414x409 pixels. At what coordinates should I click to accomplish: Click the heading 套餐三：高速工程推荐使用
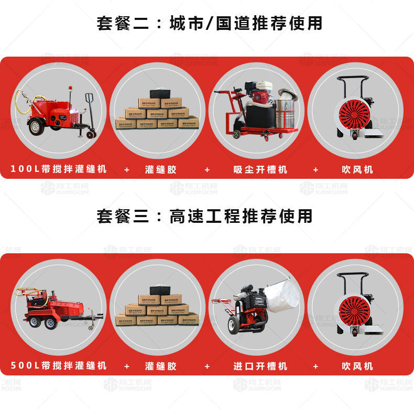tap(205, 216)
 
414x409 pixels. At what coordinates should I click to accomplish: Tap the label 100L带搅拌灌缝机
tap(59, 169)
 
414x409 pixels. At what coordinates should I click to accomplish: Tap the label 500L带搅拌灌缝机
tap(59, 365)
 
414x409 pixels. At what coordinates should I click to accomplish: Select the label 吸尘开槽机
tap(260, 169)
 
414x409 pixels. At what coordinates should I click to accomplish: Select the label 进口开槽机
tap(260, 365)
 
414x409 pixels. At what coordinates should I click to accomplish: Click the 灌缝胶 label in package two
tap(161, 169)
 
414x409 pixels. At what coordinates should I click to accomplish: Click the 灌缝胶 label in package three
tap(161, 365)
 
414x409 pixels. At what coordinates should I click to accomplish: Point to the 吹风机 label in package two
tap(357, 169)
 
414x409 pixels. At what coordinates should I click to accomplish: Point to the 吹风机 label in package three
tap(357, 365)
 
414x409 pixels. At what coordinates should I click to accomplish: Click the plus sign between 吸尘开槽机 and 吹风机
tap(315, 169)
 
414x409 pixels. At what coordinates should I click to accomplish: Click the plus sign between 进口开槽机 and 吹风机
tap(315, 365)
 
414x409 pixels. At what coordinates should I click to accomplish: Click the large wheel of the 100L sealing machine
tap(36, 127)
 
